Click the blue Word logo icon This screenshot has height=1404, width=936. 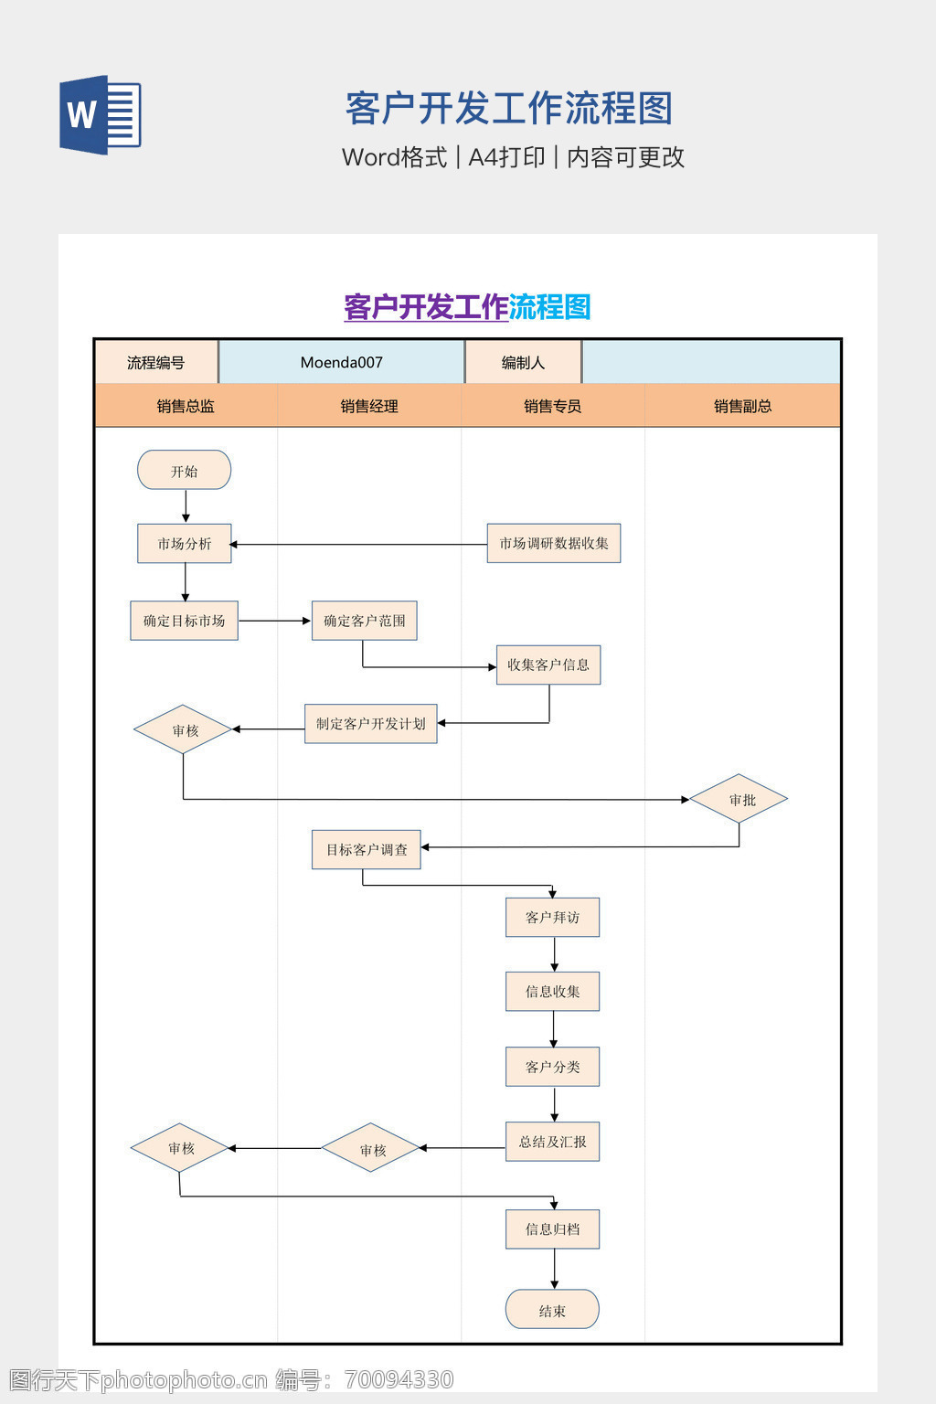click(x=100, y=114)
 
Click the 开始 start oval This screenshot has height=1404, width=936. click(x=184, y=471)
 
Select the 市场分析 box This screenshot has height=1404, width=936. click(x=184, y=544)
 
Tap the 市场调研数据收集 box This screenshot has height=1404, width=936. click(x=553, y=544)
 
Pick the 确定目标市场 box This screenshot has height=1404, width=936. click(x=184, y=621)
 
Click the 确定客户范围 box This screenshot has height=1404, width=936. click(x=364, y=621)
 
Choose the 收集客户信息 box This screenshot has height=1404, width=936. click(x=548, y=665)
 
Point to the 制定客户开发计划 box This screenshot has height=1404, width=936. click(x=370, y=724)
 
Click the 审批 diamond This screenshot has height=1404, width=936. click(x=739, y=800)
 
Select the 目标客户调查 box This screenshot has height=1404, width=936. click(x=366, y=850)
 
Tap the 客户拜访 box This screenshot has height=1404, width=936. click(x=552, y=918)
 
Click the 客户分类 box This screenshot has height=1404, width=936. click(x=552, y=1067)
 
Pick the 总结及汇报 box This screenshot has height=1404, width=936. click(x=552, y=1142)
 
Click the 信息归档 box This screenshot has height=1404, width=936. click(x=552, y=1229)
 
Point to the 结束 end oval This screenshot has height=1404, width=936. click(x=552, y=1310)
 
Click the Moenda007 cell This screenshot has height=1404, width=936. click(x=341, y=362)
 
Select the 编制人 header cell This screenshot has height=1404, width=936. click(x=523, y=362)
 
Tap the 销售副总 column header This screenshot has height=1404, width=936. click(x=742, y=406)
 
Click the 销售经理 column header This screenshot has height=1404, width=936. click(x=369, y=406)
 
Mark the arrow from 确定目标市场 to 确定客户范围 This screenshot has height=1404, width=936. click(x=274, y=621)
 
